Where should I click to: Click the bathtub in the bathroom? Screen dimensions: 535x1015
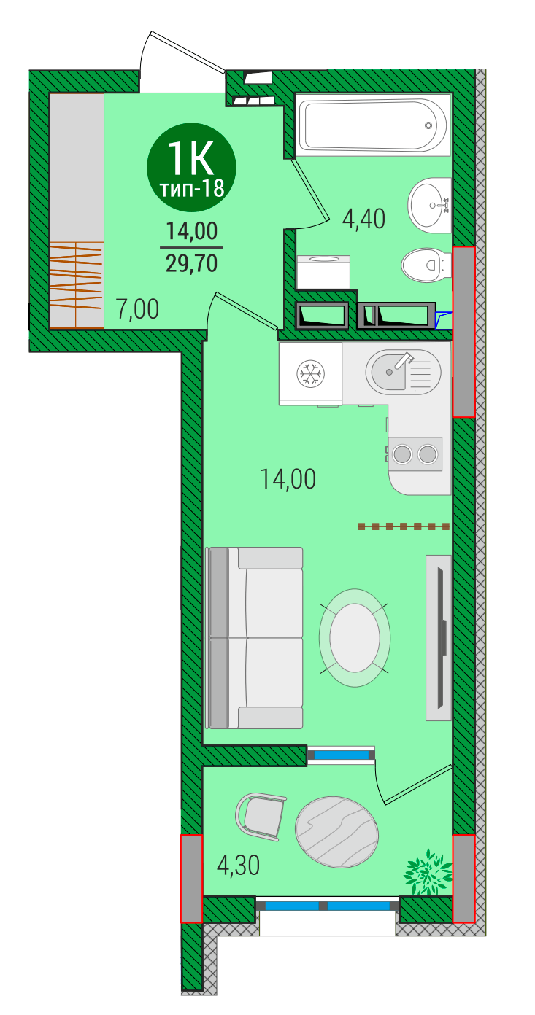(373, 125)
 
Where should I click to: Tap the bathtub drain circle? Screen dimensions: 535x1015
(428, 125)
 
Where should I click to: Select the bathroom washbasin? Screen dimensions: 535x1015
(430, 206)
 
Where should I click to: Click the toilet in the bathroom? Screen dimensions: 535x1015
(427, 265)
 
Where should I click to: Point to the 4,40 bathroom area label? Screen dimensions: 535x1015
(363, 219)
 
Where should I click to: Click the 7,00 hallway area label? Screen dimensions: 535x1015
(137, 309)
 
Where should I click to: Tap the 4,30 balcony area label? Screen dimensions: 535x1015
(238, 865)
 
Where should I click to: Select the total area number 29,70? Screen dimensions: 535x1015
(191, 263)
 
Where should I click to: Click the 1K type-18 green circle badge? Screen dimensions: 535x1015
(191, 167)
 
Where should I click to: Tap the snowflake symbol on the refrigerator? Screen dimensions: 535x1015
(311, 373)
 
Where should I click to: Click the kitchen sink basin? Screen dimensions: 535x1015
(390, 372)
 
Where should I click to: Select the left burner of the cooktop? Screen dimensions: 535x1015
(402, 454)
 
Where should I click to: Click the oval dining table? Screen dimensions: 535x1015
(355, 637)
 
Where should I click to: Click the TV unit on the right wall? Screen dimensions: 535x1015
(439, 637)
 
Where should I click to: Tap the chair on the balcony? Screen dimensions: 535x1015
(261, 817)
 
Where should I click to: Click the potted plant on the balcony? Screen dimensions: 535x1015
(428, 872)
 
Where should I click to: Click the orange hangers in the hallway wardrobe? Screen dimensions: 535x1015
(76, 276)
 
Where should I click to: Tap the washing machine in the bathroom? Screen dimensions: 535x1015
(323, 272)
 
